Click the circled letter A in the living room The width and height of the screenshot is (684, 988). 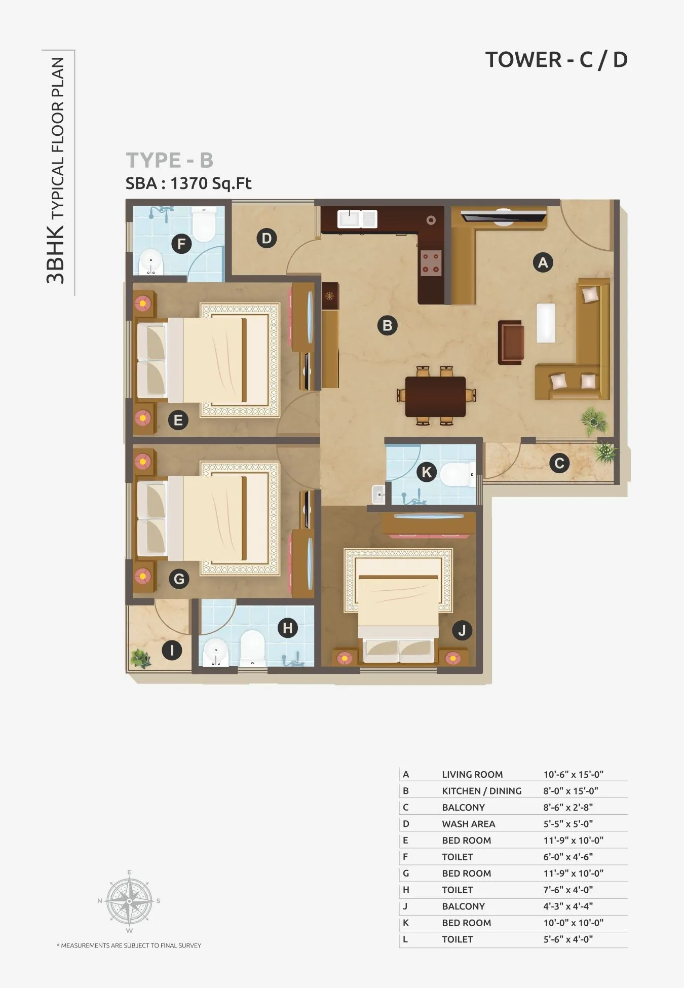click(x=543, y=262)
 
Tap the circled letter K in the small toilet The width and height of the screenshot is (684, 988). click(x=427, y=472)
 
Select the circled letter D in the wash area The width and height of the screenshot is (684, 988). click(x=267, y=238)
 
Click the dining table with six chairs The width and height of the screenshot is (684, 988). click(x=436, y=396)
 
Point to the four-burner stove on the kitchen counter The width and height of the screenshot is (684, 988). click(x=431, y=263)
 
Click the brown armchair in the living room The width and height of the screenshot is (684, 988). click(x=511, y=342)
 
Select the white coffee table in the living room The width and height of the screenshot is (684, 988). click(x=546, y=323)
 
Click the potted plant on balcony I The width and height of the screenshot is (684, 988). click(x=140, y=658)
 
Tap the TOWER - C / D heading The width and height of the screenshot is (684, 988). click(x=556, y=60)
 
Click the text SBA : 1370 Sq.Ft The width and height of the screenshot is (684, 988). click(x=188, y=183)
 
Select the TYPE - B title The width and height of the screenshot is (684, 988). click(x=170, y=160)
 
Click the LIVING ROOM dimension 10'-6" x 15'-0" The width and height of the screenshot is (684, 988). click(x=573, y=774)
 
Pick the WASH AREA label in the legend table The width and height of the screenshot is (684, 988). click(x=468, y=824)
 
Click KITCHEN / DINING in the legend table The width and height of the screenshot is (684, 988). click(x=481, y=791)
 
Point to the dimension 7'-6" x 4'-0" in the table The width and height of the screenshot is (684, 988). click(x=568, y=890)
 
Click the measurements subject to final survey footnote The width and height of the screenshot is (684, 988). click(x=129, y=945)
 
